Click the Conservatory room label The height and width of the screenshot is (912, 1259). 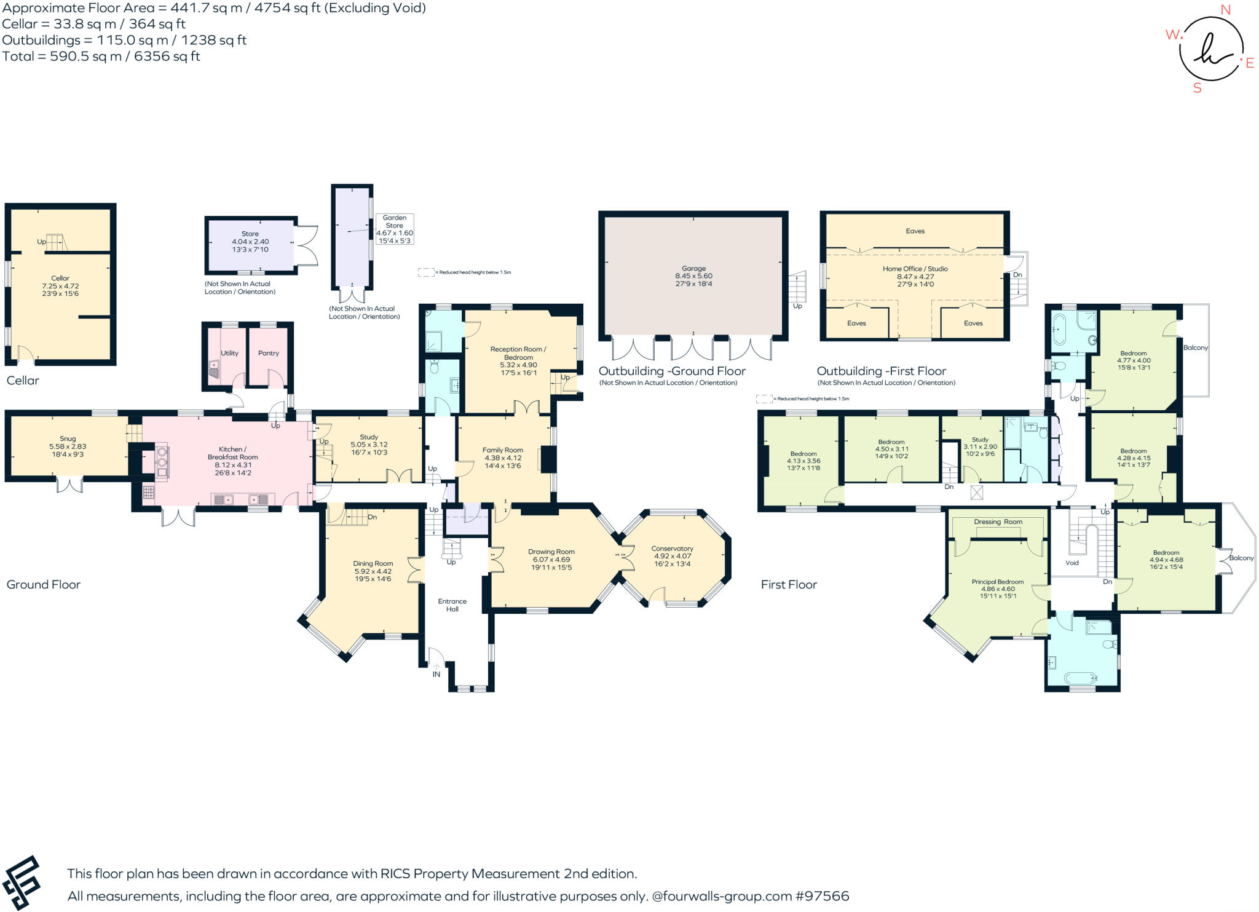click(x=672, y=549)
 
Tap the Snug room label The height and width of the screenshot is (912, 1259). click(x=68, y=439)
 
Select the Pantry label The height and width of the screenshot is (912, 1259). click(x=269, y=353)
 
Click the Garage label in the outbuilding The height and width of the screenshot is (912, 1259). click(x=693, y=269)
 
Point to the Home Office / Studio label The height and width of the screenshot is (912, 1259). click(x=915, y=269)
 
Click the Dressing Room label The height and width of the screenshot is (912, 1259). click(x=998, y=521)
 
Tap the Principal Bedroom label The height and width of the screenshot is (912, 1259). click(x=997, y=582)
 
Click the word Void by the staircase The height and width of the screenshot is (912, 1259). click(x=1072, y=563)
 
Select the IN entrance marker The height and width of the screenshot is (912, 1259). click(x=436, y=674)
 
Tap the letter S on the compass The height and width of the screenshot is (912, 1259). click(x=1197, y=88)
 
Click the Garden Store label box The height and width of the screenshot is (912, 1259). click(x=395, y=229)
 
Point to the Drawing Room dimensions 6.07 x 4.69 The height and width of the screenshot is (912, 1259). click(x=551, y=560)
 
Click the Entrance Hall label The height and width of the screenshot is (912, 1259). click(x=452, y=605)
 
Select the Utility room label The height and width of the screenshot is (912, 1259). click(x=229, y=353)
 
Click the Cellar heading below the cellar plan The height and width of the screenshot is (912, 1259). click(x=23, y=381)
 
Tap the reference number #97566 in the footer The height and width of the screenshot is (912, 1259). click(x=822, y=896)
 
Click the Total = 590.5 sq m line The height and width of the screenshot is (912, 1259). click(x=101, y=57)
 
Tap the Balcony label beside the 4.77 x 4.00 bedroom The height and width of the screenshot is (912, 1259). click(x=1195, y=347)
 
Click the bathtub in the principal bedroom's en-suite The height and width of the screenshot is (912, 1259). click(x=1080, y=678)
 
